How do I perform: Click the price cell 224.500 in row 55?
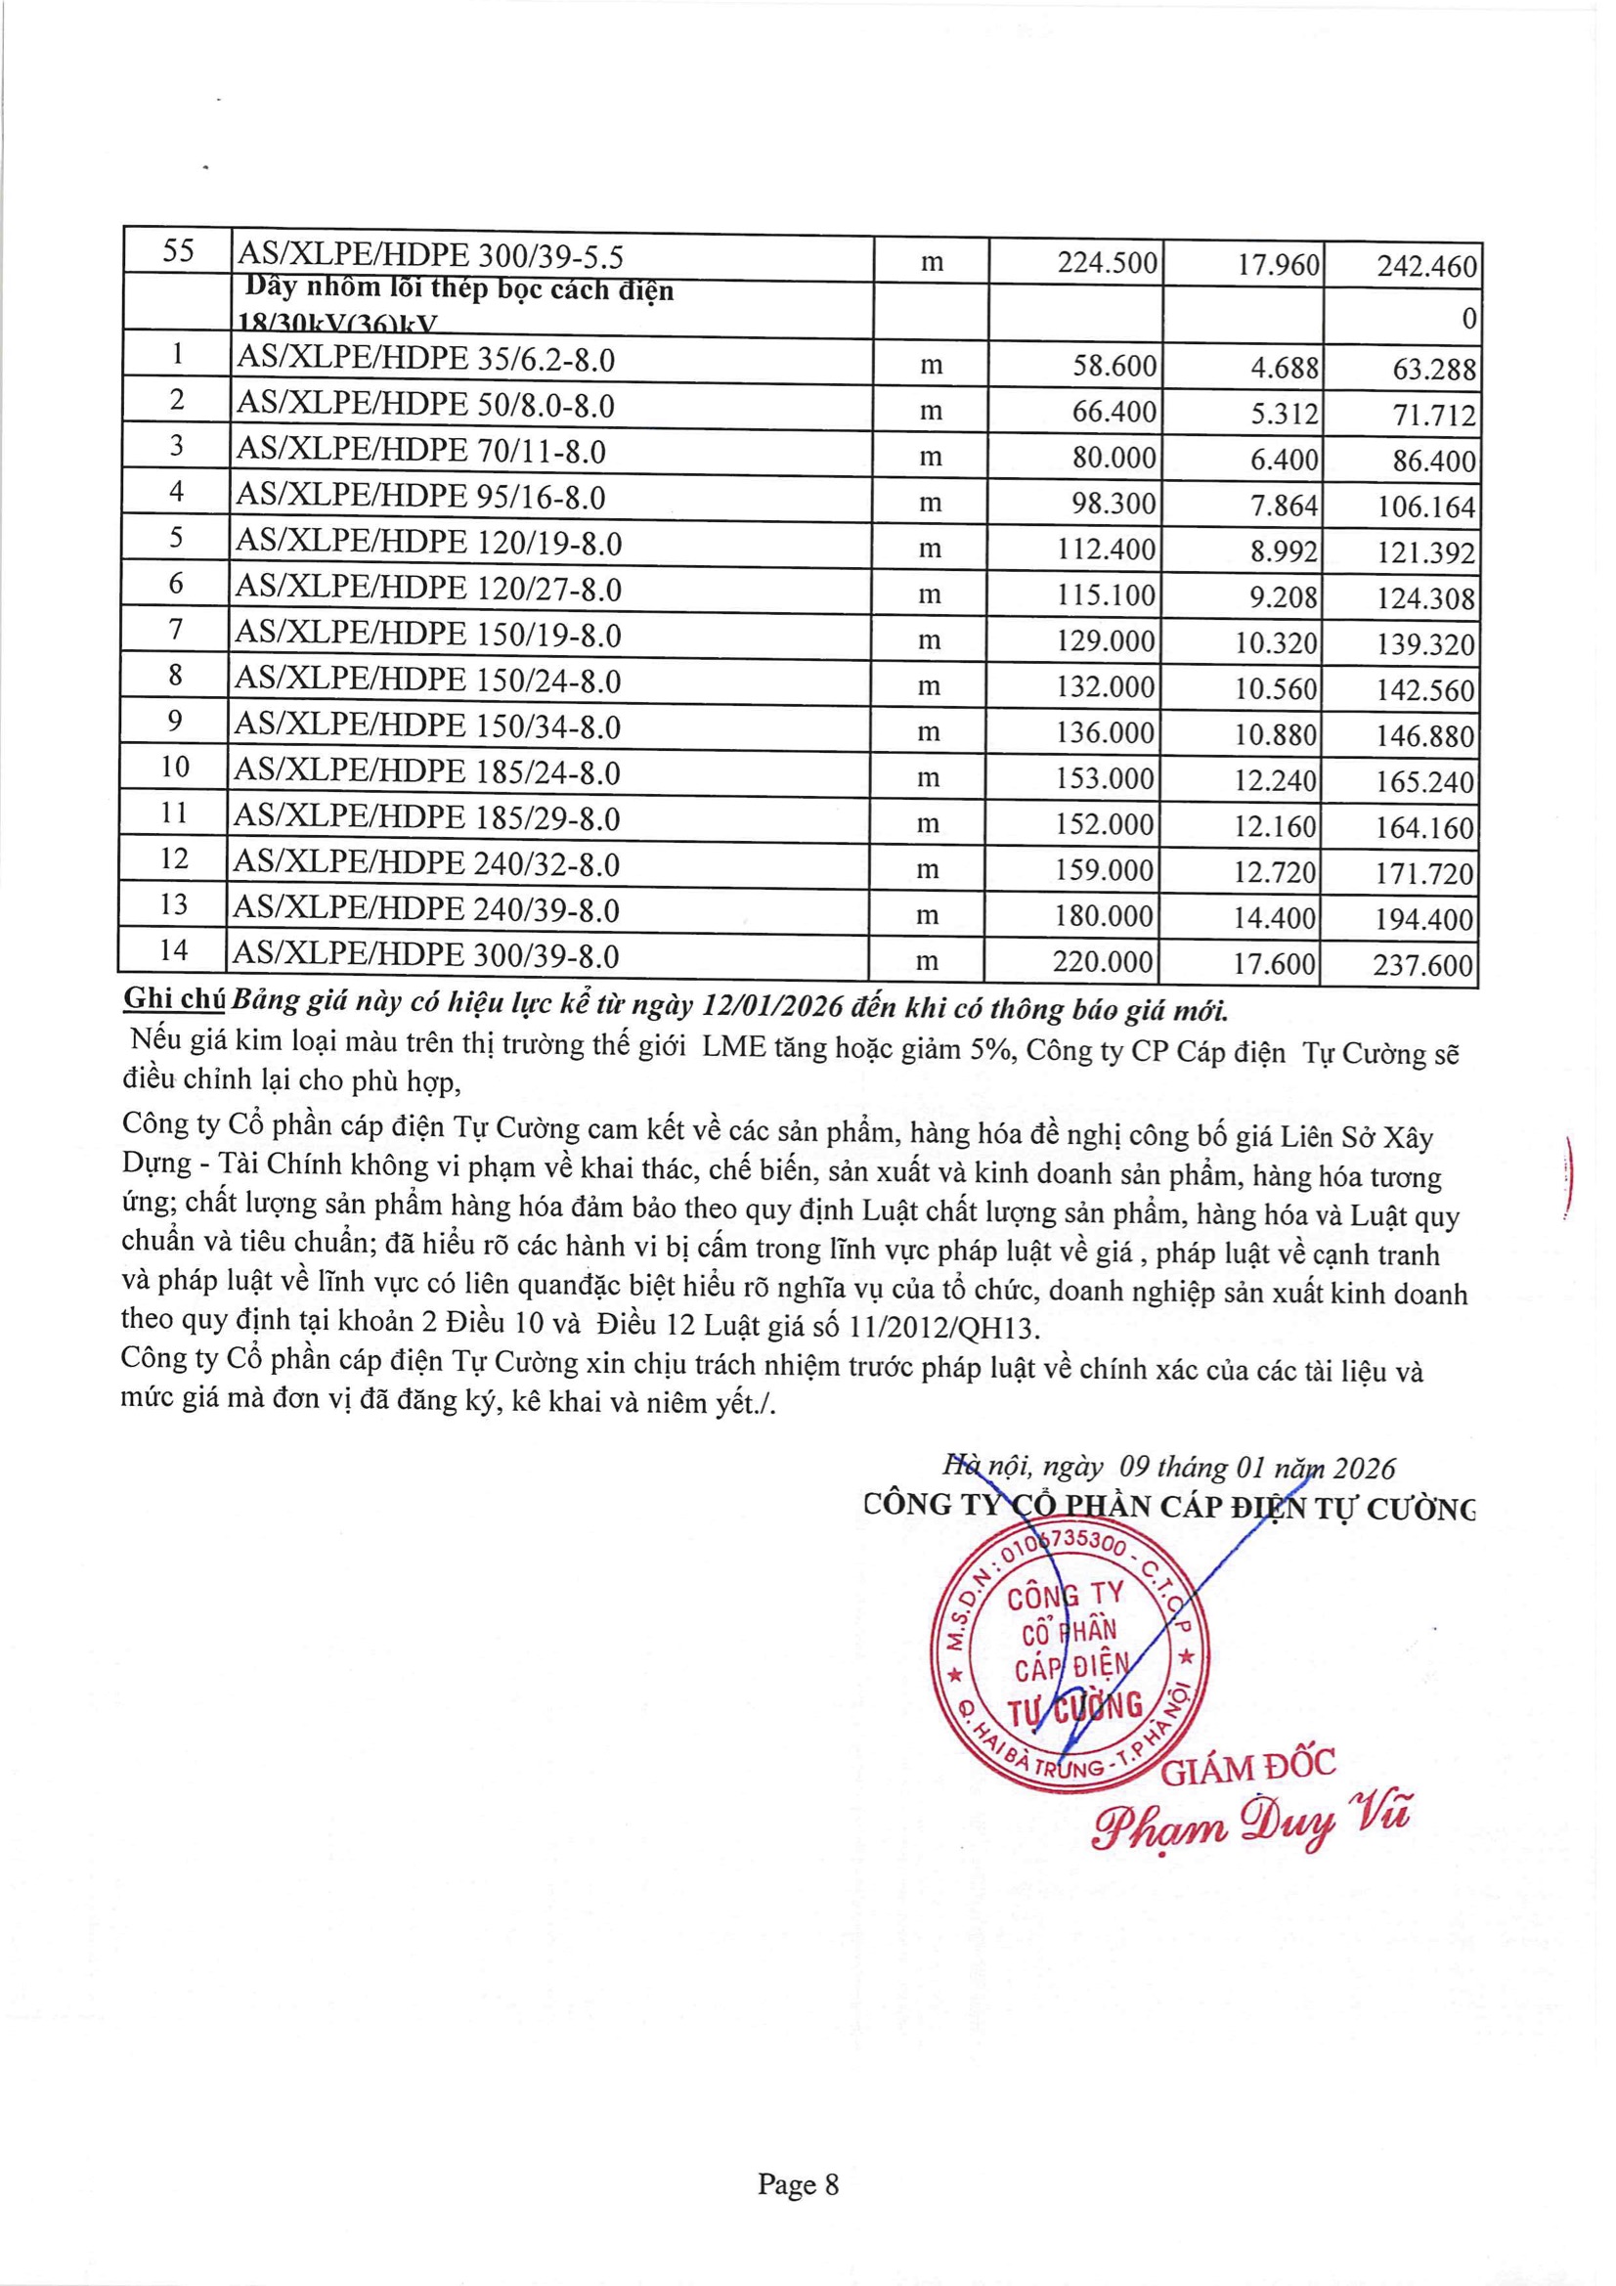1107,264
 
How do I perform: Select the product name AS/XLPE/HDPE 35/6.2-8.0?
424,360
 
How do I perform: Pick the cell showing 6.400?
1284,460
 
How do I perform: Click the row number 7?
175,630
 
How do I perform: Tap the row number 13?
173,904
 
